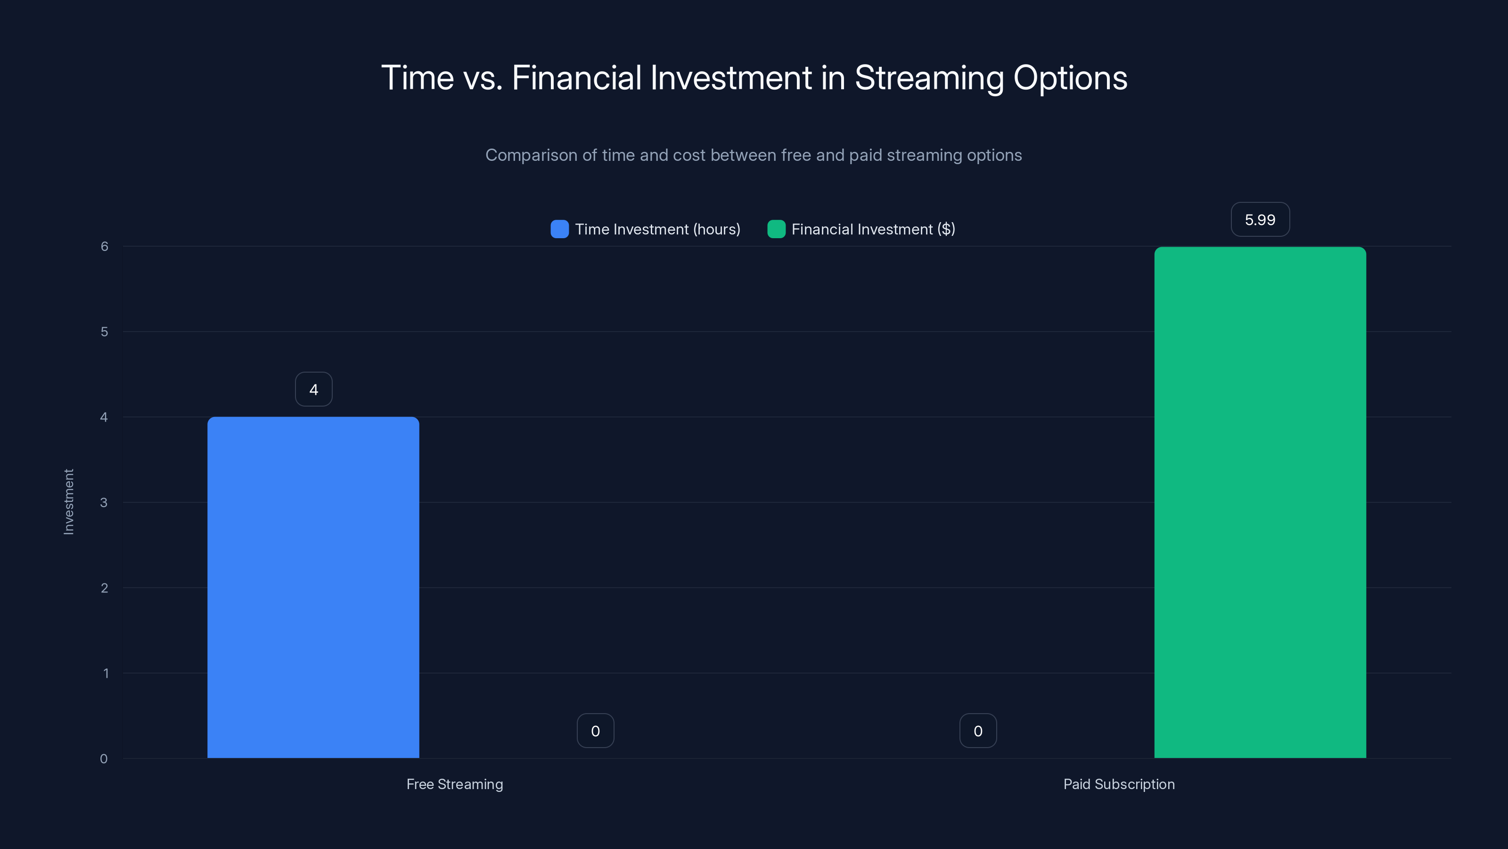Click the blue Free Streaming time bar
(313, 587)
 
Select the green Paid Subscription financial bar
(1260, 502)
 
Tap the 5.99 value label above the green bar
(1260, 220)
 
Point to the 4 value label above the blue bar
(314, 390)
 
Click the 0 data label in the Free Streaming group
(595, 731)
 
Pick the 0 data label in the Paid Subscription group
(978, 731)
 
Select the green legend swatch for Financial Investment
(776, 229)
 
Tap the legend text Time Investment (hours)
(657, 229)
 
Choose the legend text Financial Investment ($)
(873, 229)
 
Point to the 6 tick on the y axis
(104, 246)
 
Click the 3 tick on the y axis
(104, 502)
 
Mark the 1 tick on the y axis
(106, 673)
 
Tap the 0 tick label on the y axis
(104, 759)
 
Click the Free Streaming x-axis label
(455, 784)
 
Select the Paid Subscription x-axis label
(1119, 784)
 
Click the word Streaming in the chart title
(929, 78)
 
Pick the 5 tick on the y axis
(104, 332)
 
